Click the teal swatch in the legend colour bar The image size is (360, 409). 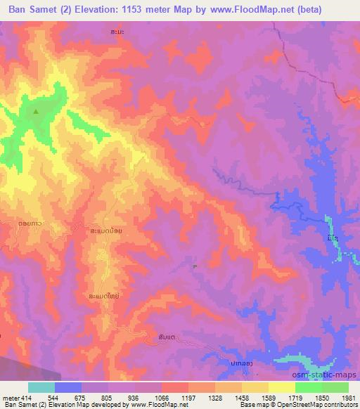click(x=41, y=387)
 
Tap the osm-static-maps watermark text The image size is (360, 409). click(x=325, y=377)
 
